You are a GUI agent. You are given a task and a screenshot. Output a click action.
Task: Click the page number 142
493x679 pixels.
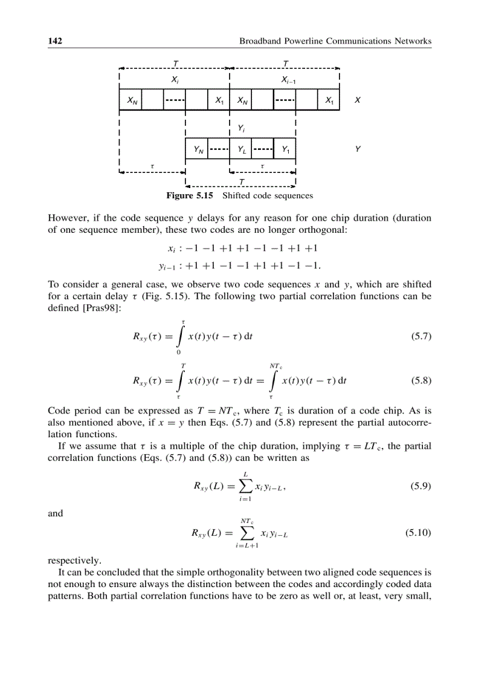click(55, 41)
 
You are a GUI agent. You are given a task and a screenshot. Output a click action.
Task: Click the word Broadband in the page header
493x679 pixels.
click(260, 41)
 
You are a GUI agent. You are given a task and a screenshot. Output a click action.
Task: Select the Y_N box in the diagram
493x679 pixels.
click(197, 149)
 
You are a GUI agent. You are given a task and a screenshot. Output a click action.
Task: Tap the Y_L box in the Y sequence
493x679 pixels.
click(240, 149)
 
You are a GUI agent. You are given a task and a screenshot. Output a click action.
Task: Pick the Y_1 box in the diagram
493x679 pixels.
click(285, 149)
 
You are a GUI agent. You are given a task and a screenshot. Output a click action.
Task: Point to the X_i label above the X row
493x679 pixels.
click(174, 80)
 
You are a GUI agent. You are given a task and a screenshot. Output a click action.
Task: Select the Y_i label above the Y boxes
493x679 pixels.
click(241, 129)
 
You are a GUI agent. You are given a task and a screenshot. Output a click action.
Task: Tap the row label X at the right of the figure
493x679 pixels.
click(358, 100)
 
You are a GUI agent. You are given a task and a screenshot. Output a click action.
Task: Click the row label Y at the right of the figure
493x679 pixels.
click(358, 149)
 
